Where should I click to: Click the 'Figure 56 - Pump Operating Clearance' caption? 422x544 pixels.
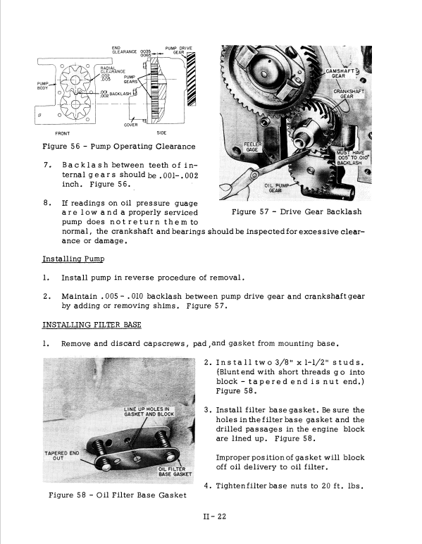pos(119,147)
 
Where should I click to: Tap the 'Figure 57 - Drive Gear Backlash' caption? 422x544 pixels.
pos(297,211)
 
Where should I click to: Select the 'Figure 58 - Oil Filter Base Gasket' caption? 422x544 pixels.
pos(118,495)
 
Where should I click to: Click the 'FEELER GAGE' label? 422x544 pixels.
pos(253,147)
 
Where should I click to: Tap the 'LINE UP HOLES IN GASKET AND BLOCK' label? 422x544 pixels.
pos(148,412)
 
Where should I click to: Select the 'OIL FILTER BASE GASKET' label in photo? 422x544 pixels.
pos(174,471)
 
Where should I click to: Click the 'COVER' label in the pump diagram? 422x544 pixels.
pos(130,125)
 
